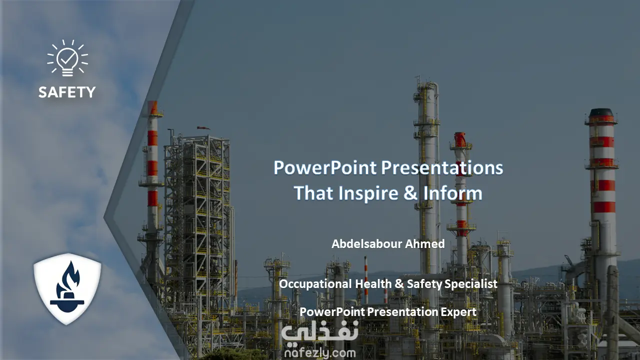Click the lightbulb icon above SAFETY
pos(67,58)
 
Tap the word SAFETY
pos(67,92)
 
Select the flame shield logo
pos(67,289)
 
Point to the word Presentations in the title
pos(442,167)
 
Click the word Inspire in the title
pos(368,193)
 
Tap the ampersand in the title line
pos(410,193)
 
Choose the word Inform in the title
pos(453,193)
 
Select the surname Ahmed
pos(425,244)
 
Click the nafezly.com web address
pos(320,353)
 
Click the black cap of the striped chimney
pos(601,112)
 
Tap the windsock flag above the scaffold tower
pos(203,128)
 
